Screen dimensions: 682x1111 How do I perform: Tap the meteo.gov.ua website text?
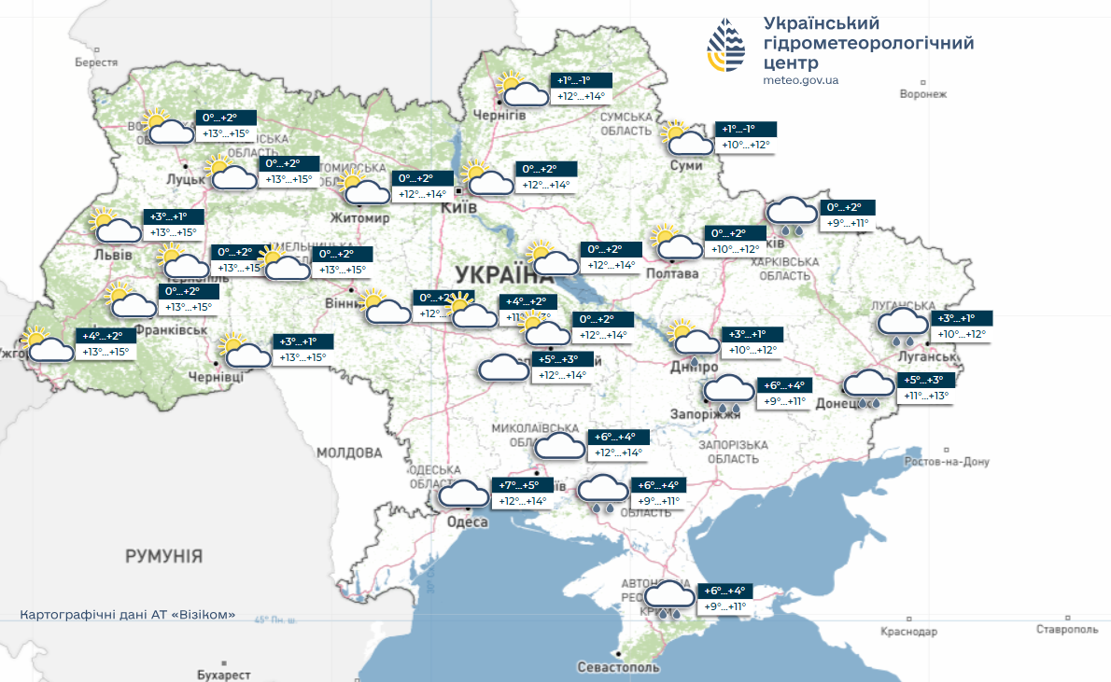tap(800, 80)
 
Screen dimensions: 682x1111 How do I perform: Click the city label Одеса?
tap(467, 522)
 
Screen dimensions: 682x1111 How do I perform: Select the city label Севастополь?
tap(618, 667)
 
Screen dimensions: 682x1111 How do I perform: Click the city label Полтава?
tap(672, 273)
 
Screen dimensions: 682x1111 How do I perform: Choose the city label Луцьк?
tap(185, 178)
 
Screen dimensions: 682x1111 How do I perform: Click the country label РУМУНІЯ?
tap(164, 556)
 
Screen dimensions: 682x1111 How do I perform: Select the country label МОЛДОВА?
tap(349, 453)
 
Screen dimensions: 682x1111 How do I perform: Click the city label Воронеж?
tap(922, 94)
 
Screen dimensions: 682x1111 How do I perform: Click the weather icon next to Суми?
tap(688, 139)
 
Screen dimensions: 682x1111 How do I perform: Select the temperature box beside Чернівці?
tap(304, 350)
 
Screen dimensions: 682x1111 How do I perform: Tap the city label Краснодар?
tap(908, 632)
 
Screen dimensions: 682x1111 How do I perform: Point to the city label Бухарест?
tap(224, 674)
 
